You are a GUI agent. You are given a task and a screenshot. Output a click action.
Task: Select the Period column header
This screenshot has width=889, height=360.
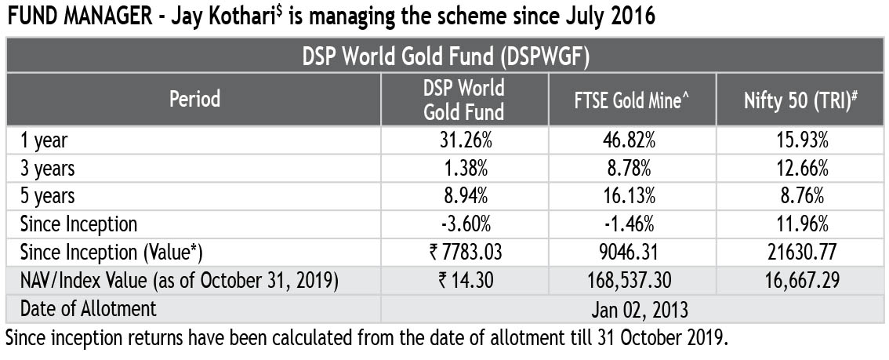[x=194, y=100]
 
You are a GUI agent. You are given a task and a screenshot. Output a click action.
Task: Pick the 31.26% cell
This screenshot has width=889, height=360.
[x=464, y=140]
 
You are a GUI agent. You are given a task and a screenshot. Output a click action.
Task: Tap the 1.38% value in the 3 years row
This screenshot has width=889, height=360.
[x=464, y=169]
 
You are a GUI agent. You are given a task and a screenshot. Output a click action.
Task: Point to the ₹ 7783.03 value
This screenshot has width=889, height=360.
[x=464, y=253]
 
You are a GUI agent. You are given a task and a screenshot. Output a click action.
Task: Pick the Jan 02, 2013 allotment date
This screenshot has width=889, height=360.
[x=630, y=308]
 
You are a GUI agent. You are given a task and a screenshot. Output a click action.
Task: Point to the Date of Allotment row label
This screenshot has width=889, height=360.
[x=89, y=308]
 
